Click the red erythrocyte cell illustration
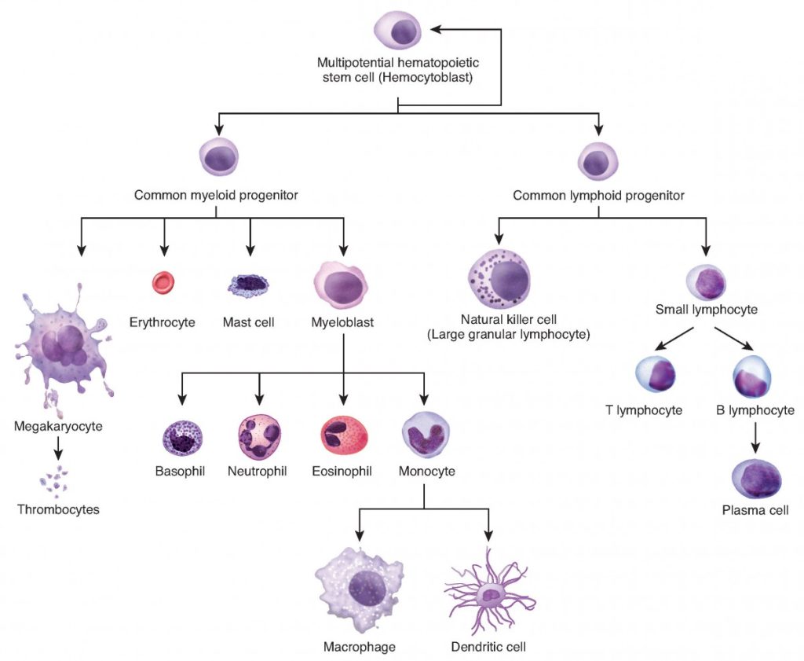(x=163, y=282)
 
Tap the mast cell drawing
(x=248, y=285)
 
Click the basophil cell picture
(x=182, y=439)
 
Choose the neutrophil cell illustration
(x=259, y=436)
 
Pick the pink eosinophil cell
(x=343, y=436)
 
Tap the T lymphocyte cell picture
(x=656, y=377)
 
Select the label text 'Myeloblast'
(x=342, y=322)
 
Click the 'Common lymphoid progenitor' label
(x=598, y=195)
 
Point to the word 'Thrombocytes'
(x=59, y=509)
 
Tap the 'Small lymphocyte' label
(x=706, y=310)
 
